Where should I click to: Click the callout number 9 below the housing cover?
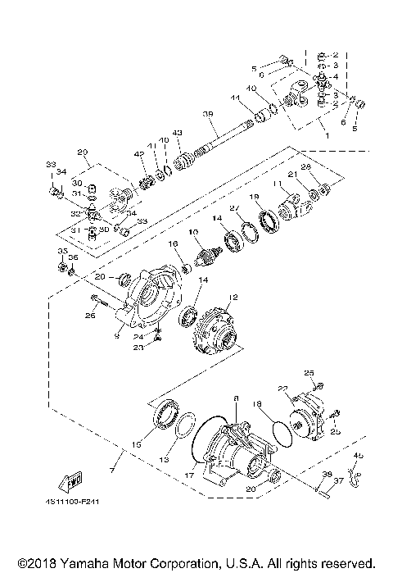coord(119,334)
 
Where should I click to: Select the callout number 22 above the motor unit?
coord(282,389)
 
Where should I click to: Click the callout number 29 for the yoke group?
coord(82,152)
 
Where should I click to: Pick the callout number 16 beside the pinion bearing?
coord(173,243)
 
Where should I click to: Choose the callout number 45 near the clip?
coord(358,455)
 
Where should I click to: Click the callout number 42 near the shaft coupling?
coord(139,153)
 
